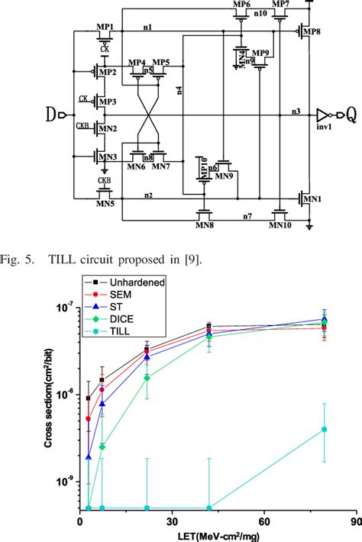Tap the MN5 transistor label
click(105, 203)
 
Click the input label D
click(51, 116)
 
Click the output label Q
click(350, 116)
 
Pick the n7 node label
click(247, 218)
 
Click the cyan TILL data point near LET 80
click(325, 429)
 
